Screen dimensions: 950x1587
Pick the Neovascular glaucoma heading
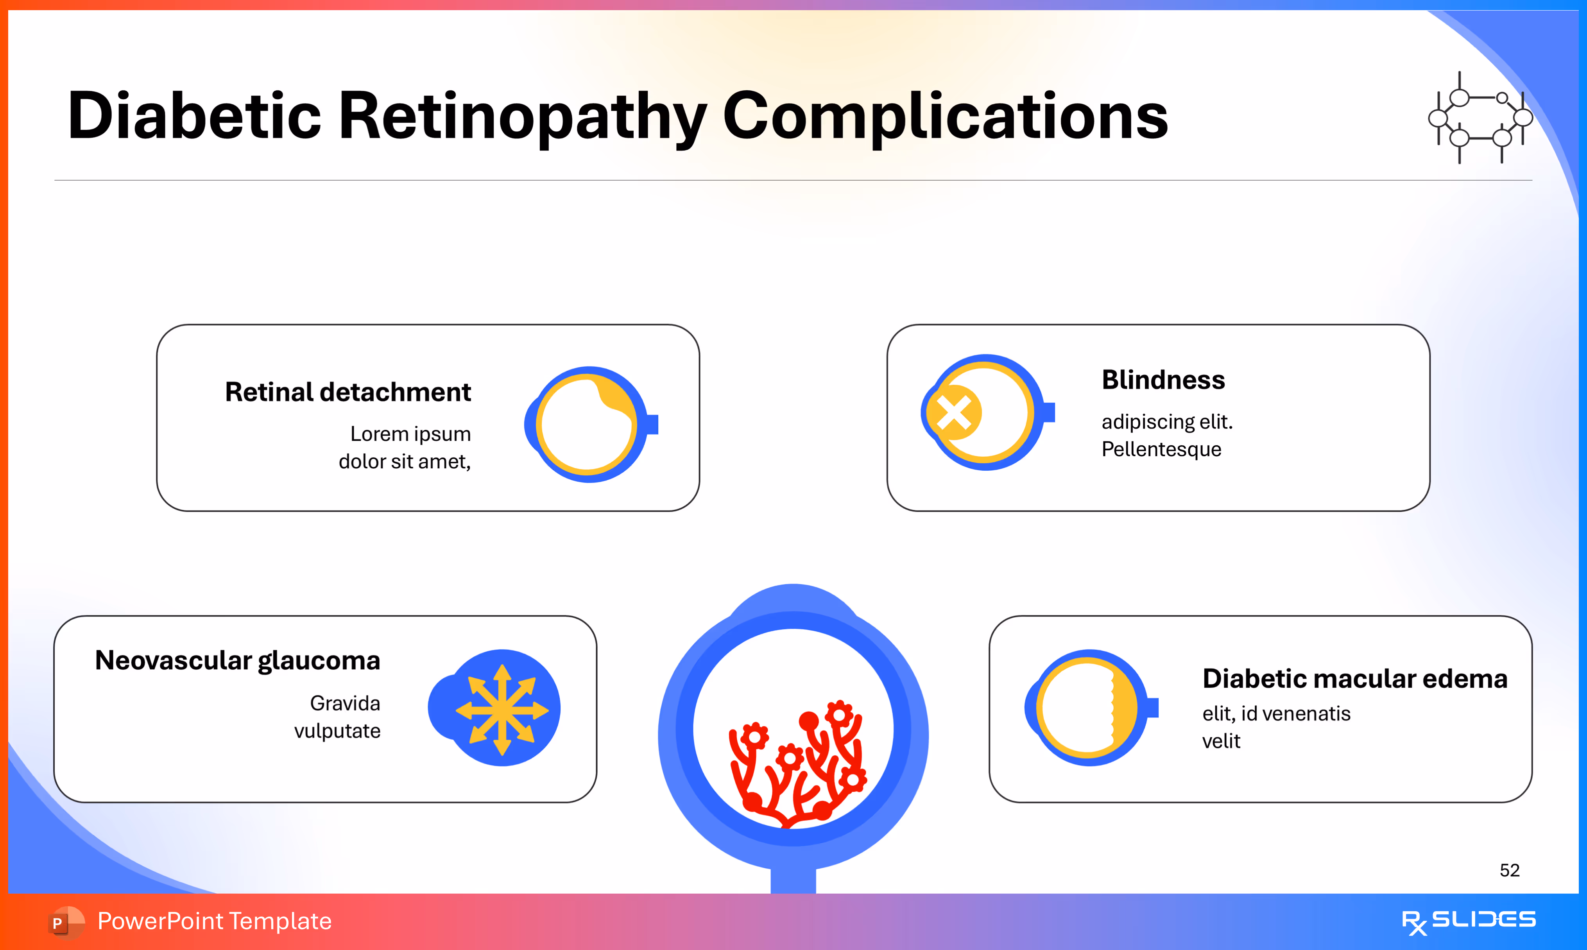(237, 660)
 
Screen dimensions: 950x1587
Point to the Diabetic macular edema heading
(1355, 679)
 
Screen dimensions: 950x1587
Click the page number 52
(1509, 870)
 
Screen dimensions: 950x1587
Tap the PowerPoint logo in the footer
(65, 922)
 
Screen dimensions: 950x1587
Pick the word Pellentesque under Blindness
(1161, 450)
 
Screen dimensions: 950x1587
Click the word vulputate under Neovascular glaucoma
(337, 731)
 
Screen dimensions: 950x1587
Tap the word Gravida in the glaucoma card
(345, 704)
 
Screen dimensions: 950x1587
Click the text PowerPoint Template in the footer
(214, 921)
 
